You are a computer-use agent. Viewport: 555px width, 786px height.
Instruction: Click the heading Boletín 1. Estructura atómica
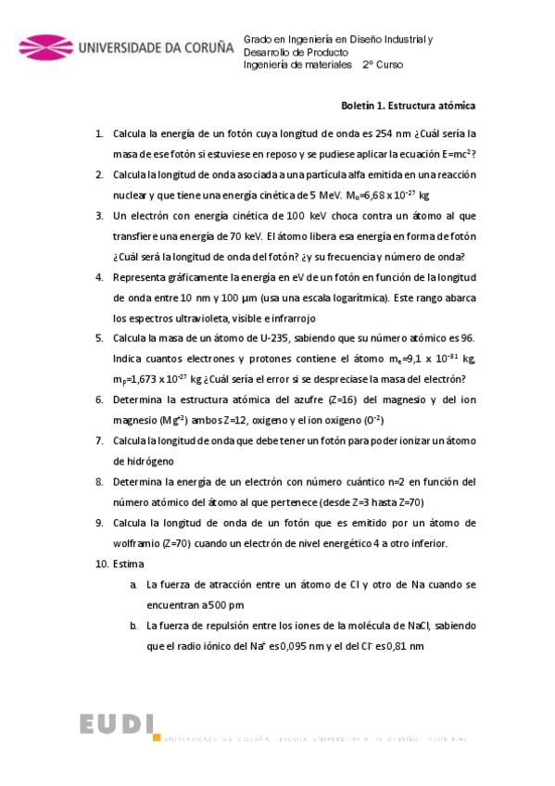(418, 106)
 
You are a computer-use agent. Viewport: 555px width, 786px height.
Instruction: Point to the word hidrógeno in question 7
(144, 461)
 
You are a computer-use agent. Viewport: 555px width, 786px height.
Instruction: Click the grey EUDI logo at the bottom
(117, 725)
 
